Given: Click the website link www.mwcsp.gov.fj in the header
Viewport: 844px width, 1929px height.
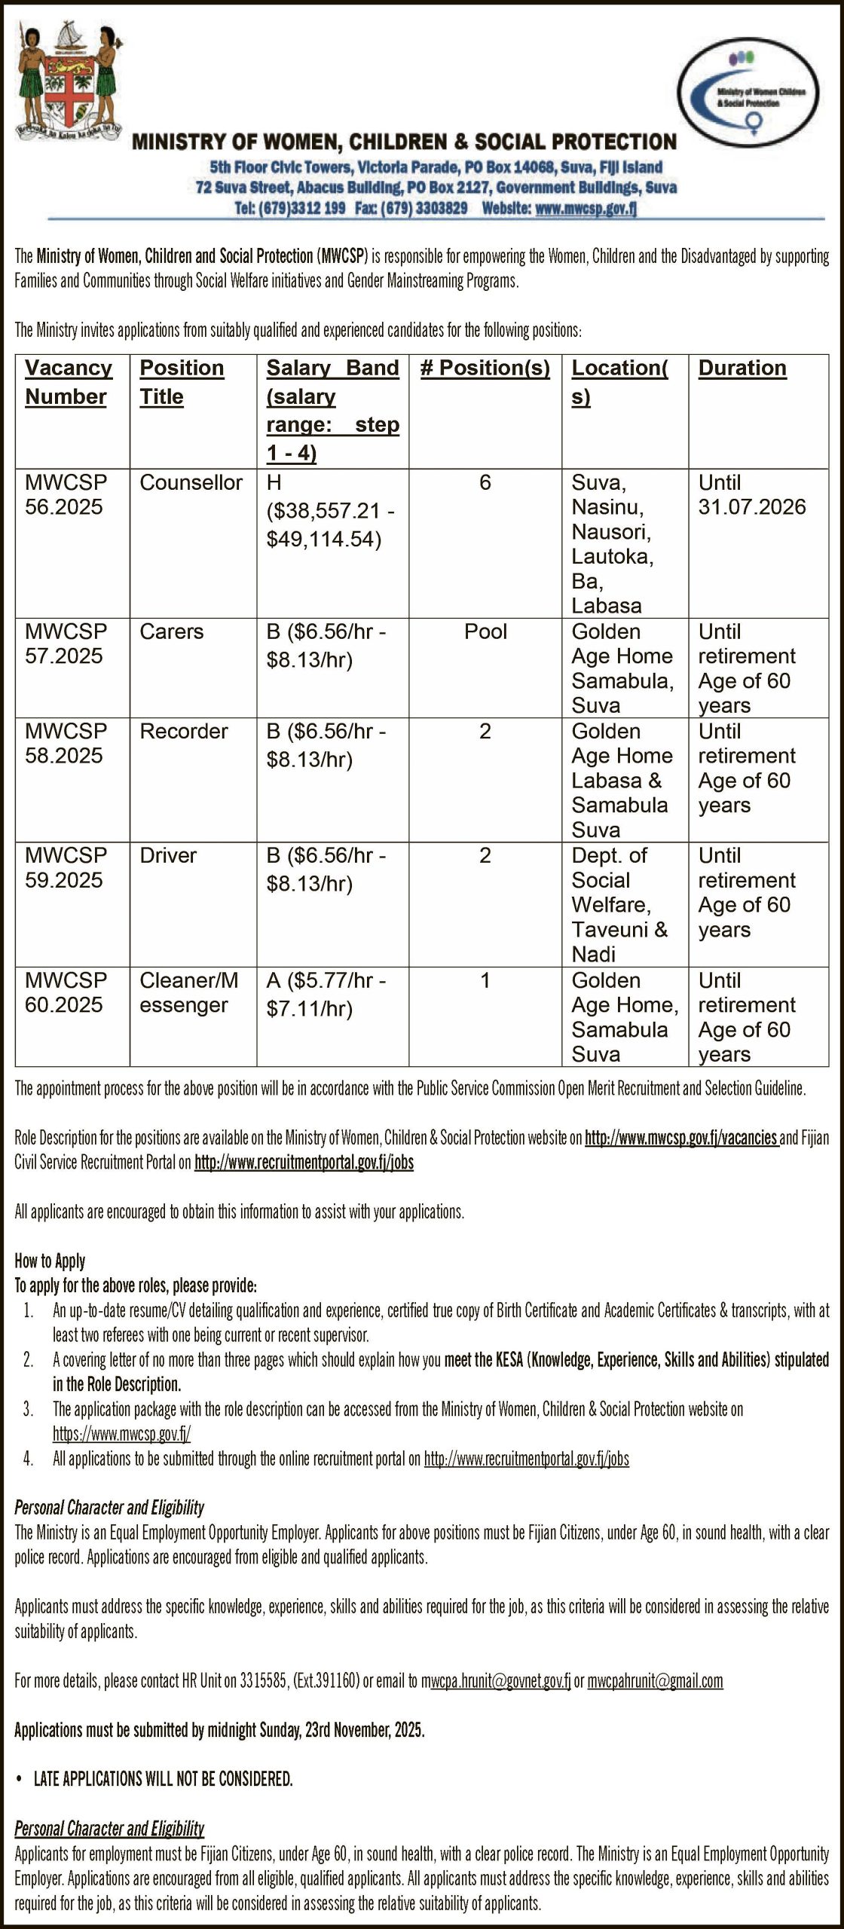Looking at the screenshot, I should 586,209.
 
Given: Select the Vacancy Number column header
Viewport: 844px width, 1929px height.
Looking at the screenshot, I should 69,382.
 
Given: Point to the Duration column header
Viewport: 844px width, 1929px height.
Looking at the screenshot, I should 742,368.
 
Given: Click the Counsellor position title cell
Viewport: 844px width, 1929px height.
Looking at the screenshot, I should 191,483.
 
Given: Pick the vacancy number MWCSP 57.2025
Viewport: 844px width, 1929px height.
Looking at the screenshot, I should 65,644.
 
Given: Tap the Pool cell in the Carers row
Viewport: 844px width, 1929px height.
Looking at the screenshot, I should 485,631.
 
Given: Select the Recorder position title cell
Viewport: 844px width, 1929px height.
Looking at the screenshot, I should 184,731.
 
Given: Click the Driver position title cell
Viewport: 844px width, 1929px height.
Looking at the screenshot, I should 168,855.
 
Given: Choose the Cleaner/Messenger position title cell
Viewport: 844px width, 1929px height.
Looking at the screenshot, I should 188,992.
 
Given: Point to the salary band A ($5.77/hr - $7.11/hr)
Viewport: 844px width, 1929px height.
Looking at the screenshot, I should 326,994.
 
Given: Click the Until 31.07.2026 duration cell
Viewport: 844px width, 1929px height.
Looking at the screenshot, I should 751,494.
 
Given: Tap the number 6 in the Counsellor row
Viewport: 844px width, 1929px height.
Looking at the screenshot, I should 485,483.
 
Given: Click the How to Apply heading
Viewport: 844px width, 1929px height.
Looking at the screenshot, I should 50,1261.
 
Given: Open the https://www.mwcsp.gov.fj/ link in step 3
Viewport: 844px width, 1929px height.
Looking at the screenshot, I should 121,1433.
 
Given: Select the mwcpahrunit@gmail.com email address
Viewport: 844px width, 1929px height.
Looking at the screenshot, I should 655,1680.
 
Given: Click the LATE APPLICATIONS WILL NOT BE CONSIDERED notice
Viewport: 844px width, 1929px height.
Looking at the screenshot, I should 163,1779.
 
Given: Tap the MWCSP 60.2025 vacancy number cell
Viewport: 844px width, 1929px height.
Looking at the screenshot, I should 65,992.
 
